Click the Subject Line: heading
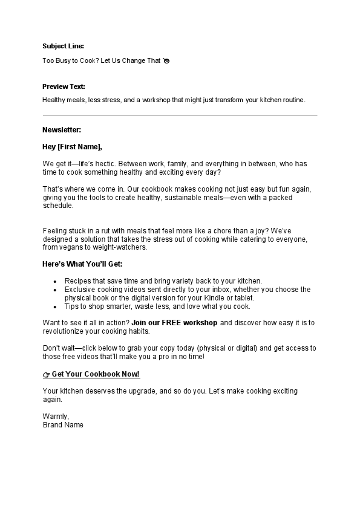point(64,46)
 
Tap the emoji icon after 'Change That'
point(166,61)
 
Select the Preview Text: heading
point(64,86)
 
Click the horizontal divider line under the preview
point(180,115)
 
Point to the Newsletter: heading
point(62,130)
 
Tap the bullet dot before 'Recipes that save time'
point(55,282)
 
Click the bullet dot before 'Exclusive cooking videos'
point(55,290)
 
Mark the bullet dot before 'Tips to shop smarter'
point(55,306)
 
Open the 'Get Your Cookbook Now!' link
point(96,374)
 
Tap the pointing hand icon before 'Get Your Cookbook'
point(47,375)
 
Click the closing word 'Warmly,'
point(56,417)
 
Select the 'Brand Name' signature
point(63,425)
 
